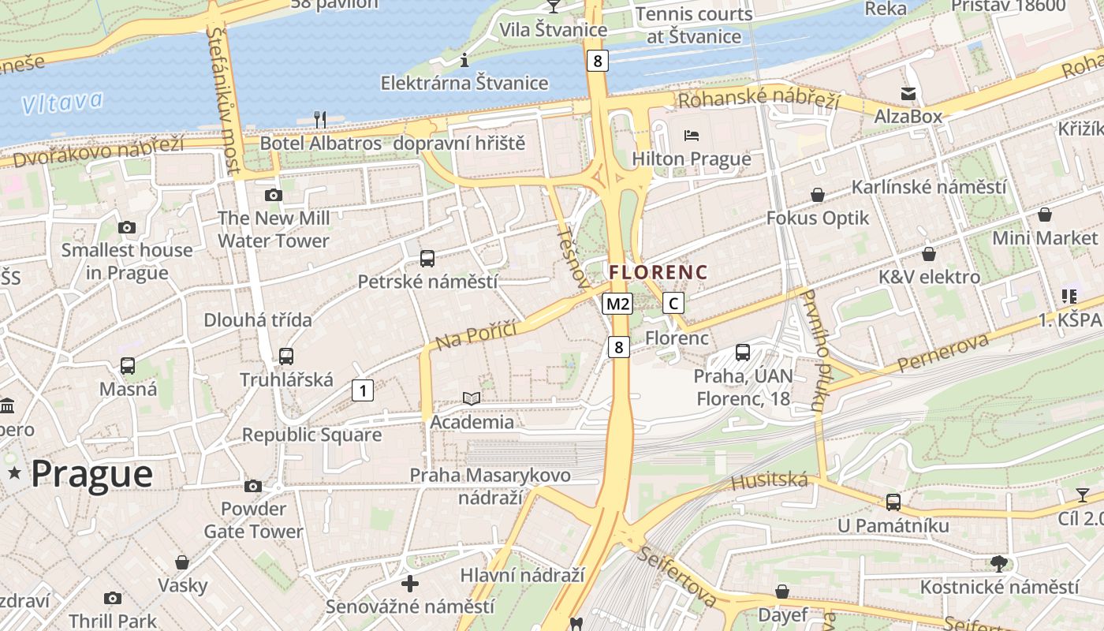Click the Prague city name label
pos(91,473)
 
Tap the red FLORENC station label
pos(658,272)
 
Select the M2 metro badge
pos(617,304)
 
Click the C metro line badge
pos(673,303)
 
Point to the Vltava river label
pos(62,103)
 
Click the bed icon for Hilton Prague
pos(692,135)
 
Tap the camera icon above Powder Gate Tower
pos(253,486)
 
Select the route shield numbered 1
pos(363,390)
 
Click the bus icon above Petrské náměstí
pos(427,258)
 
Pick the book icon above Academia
pos(472,399)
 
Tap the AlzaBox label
pos(908,116)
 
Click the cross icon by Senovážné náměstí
pos(410,584)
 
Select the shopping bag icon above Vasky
pos(182,562)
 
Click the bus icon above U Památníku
pos(893,502)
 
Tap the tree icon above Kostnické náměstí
pos(999,563)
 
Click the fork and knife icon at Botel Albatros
pos(320,120)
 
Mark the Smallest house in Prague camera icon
pos(127,227)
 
